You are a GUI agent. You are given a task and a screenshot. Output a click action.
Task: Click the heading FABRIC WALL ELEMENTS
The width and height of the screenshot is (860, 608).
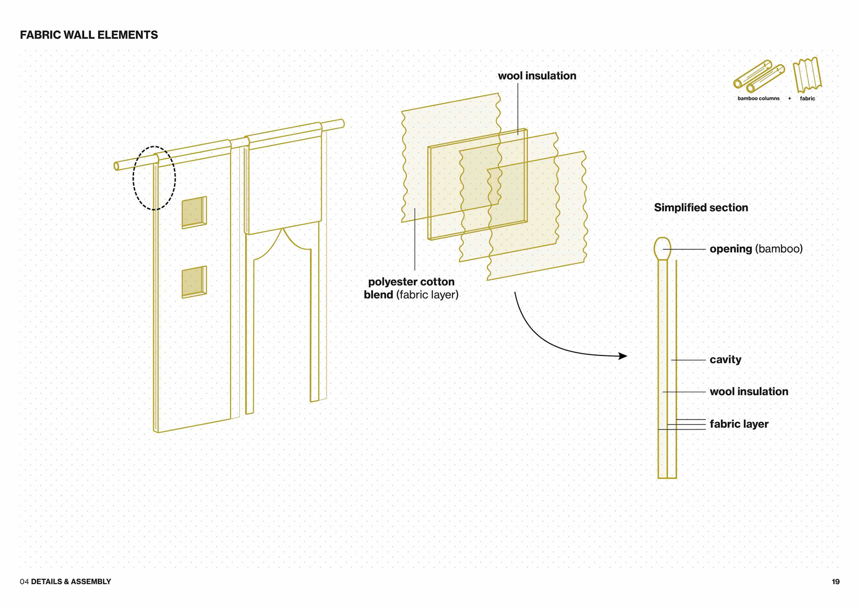tap(89, 35)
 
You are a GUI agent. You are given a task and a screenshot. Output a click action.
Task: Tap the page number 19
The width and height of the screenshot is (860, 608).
tap(835, 582)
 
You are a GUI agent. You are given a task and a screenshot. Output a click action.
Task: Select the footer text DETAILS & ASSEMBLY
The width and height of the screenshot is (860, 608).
tap(71, 582)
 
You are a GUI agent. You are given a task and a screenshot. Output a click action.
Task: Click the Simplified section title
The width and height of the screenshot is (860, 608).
tap(701, 207)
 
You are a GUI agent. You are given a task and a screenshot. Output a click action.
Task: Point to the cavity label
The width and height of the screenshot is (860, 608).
tap(725, 359)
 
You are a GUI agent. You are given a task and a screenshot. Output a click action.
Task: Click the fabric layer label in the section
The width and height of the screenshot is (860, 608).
tap(739, 424)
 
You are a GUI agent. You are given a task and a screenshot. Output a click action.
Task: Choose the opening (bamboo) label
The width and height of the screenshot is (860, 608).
tap(756, 249)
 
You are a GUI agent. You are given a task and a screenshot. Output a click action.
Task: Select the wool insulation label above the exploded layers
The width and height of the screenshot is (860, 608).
tap(537, 76)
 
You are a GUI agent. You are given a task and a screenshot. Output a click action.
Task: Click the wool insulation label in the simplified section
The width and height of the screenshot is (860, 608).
tap(748, 392)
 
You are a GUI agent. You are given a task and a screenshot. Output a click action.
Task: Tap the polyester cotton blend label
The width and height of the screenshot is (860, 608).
tap(411, 288)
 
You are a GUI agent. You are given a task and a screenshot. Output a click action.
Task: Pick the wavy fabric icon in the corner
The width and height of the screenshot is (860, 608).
tap(807, 75)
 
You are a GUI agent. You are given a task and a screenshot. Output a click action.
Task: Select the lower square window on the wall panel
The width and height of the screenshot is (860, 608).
tap(194, 282)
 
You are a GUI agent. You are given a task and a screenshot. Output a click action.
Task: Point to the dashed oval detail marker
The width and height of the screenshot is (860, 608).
tap(154, 178)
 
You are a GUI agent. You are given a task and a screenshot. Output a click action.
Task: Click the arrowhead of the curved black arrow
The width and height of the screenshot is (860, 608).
tap(623, 356)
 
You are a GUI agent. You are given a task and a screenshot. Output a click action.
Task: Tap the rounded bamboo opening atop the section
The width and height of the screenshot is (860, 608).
tap(662, 248)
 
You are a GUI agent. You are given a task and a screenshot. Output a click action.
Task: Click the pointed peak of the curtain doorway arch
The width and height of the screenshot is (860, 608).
tap(283, 229)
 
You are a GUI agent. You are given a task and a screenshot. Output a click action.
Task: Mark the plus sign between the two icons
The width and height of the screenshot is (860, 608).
tap(790, 99)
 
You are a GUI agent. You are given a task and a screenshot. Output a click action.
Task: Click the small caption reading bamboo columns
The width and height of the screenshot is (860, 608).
tap(758, 99)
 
